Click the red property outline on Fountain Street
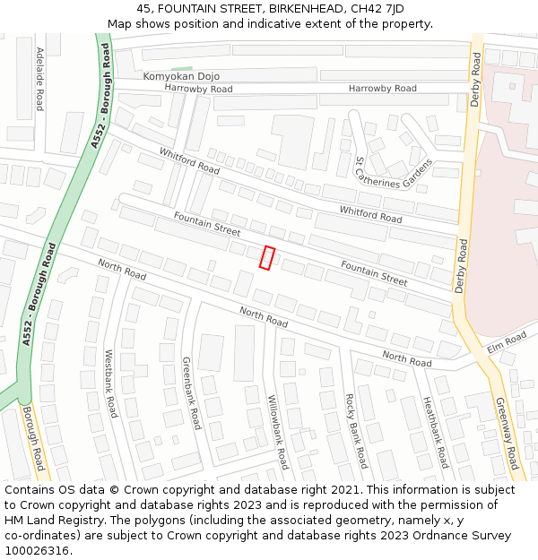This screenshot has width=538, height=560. point(267,257)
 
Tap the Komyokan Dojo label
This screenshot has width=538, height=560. point(181,77)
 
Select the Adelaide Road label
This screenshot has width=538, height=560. point(39,79)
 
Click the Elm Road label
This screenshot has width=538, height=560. point(507,342)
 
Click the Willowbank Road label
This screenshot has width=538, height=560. point(278,431)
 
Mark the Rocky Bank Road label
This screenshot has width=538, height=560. point(356,430)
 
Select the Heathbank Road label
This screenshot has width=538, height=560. point(435,433)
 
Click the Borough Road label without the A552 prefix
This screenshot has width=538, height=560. point(32,439)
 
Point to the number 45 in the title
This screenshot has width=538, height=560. point(144,8)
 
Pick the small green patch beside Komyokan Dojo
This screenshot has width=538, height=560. point(182,68)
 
